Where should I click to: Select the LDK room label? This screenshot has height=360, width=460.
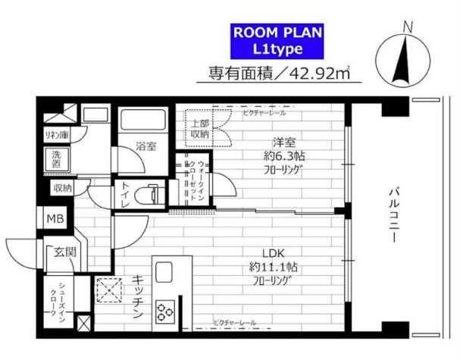click(x=274, y=252)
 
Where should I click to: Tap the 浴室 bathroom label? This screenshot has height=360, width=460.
click(x=146, y=146)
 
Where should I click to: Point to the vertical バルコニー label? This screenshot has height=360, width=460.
click(x=395, y=216)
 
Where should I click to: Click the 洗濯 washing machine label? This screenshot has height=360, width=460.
click(x=57, y=161)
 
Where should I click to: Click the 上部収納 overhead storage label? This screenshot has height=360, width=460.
click(x=199, y=128)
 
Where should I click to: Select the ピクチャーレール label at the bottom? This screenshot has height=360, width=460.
click(x=234, y=324)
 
